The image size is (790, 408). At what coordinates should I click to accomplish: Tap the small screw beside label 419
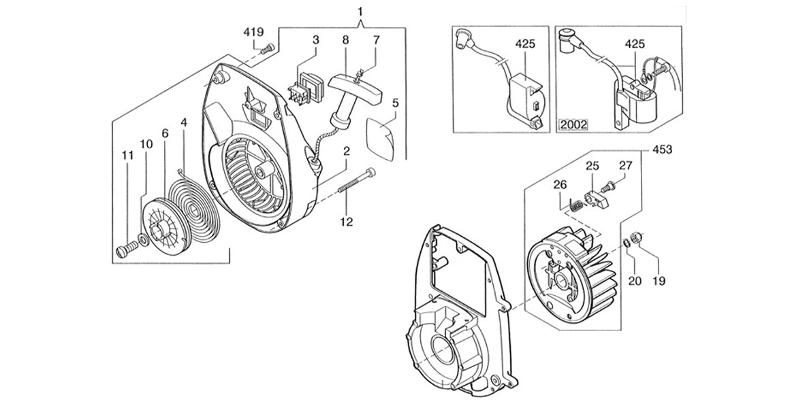tap(268, 48)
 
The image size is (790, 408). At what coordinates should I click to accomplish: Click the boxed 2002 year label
tap(573, 124)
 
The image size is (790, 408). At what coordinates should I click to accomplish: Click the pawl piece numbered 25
tap(597, 198)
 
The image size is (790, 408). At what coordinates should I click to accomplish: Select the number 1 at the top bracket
tap(360, 11)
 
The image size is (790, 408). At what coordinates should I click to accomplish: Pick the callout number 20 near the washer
tap(633, 279)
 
